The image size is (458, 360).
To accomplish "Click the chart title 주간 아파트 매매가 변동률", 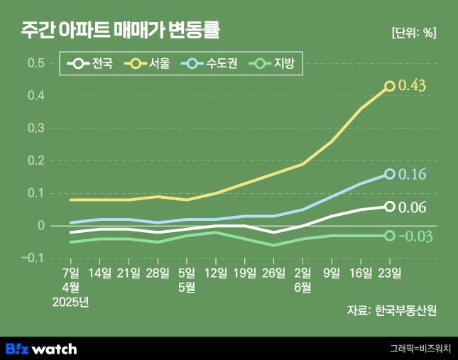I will pos(121,31).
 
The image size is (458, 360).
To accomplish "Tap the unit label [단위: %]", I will pos(413,32).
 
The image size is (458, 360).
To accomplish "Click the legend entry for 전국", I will pos(91,65).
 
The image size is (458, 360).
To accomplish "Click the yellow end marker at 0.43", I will pos(390,86).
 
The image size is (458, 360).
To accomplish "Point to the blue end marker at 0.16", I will pos(390,174).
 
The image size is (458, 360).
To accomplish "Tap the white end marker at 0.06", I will pos(390,207).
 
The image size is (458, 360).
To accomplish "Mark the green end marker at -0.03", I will pos(390,236).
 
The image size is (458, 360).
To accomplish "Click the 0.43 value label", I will pos(413,86).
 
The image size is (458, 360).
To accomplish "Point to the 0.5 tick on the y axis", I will pos(36,63).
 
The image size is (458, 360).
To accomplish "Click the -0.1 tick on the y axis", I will pos(34,258).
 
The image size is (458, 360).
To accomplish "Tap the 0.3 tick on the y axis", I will pos(36,128).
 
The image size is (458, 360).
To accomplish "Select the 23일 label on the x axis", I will pos(390,273).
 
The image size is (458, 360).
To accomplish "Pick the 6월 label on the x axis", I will pos(302,287).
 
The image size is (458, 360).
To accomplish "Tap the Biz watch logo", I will pos(41,349).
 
